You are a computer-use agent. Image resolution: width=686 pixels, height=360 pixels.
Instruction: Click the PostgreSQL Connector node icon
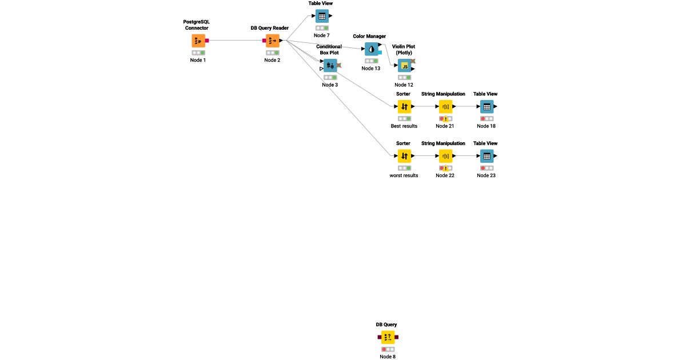tap(198, 41)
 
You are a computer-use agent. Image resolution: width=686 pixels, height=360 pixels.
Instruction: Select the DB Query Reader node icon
tap(273, 41)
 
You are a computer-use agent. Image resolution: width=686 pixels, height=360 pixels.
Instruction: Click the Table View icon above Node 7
tap(322, 16)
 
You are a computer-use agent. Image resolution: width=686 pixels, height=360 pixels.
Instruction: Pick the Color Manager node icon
tap(372, 49)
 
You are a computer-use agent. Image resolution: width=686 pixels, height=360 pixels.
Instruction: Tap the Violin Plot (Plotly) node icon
tap(404, 66)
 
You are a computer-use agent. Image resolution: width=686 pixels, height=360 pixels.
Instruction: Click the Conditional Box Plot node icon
tap(330, 66)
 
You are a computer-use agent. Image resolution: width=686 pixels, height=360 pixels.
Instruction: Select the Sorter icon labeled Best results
tap(404, 106)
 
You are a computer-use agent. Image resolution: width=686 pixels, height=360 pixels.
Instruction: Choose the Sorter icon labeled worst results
tap(404, 156)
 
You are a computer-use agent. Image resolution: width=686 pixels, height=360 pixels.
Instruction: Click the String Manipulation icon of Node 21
tap(445, 106)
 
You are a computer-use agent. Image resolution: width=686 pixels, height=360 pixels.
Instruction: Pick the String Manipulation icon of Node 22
tap(445, 156)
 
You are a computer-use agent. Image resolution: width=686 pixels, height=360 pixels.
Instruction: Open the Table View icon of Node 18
tap(486, 106)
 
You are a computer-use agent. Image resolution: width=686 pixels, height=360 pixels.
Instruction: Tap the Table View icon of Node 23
tap(486, 156)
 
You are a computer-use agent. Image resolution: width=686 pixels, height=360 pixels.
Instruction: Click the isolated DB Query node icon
tap(388, 337)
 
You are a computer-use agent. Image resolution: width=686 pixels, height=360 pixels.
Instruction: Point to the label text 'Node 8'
tap(388, 357)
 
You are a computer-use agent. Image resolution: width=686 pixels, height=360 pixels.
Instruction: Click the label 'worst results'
tap(404, 175)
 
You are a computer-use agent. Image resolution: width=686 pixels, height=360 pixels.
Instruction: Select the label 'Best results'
tap(404, 126)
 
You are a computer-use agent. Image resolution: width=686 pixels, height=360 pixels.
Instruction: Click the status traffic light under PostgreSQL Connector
tap(198, 53)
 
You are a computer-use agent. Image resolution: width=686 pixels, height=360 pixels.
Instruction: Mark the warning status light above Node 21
tap(445, 119)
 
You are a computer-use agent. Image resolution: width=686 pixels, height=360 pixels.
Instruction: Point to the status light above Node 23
tap(486, 168)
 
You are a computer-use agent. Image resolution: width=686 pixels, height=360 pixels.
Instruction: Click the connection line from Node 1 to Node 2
tap(234, 41)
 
